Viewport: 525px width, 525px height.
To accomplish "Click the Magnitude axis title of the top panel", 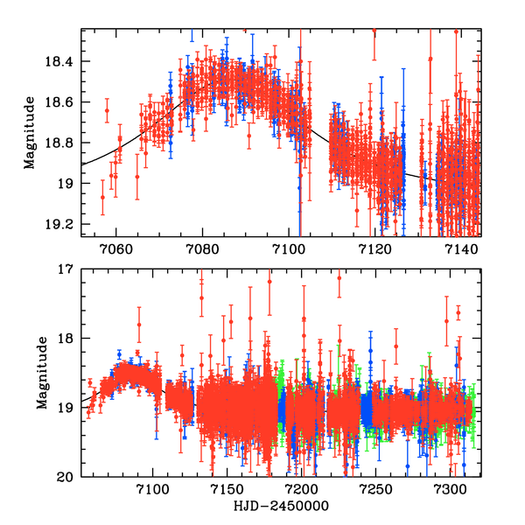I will pos(30,132).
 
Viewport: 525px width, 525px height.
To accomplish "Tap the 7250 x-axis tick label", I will pos(375,490).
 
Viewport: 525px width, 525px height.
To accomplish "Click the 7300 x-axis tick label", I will pos(450,490).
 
